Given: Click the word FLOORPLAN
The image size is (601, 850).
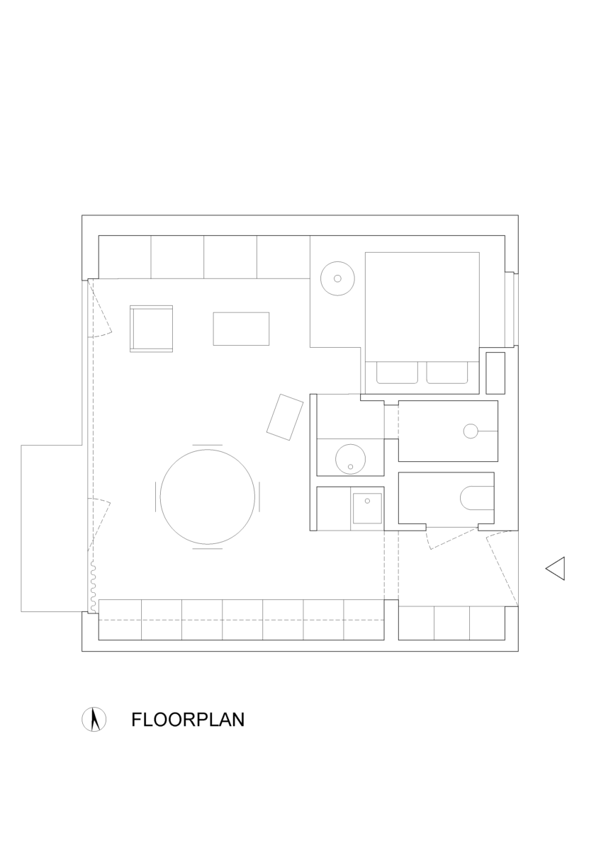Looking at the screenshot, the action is pyautogui.click(x=188, y=720).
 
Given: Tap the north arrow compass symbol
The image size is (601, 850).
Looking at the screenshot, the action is pyautogui.click(x=94, y=720).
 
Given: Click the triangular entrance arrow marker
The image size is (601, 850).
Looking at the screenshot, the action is pyautogui.click(x=555, y=568).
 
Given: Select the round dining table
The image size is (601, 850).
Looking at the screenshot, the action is pyautogui.click(x=207, y=497).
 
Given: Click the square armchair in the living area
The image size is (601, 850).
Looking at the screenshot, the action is pyautogui.click(x=151, y=329).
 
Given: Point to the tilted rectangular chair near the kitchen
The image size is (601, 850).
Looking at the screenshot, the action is pyautogui.click(x=285, y=417).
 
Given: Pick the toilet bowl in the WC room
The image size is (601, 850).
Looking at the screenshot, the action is pyautogui.click(x=477, y=497).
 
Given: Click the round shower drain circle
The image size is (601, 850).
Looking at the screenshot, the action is pyautogui.click(x=471, y=431).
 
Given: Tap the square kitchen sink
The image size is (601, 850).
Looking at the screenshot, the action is pyautogui.click(x=367, y=508).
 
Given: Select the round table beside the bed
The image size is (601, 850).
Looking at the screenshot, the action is pyautogui.click(x=337, y=278).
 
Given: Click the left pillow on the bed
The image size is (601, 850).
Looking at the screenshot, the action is pyautogui.click(x=397, y=373).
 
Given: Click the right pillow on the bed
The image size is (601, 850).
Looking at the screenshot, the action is pyautogui.click(x=447, y=373).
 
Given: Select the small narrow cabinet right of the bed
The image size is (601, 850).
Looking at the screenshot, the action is pyautogui.click(x=495, y=373).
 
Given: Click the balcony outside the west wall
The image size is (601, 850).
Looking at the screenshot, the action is pyautogui.click(x=52, y=528).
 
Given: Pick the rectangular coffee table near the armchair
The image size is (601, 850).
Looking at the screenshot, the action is pyautogui.click(x=241, y=329).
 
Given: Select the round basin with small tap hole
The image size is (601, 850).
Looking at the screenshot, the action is pyautogui.click(x=350, y=459).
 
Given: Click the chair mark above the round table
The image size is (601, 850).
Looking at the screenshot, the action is pyautogui.click(x=207, y=445).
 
